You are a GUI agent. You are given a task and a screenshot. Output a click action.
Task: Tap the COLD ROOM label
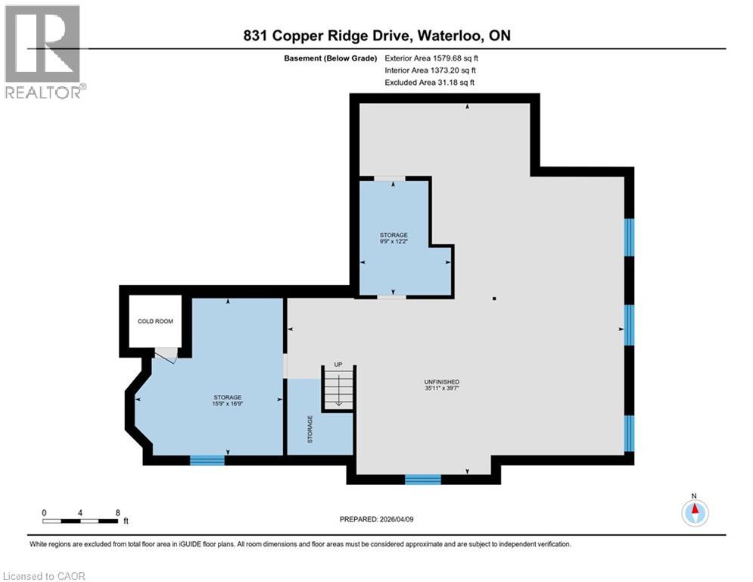(x=154, y=321)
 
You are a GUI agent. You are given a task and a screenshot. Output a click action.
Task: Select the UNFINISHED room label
(x=443, y=381)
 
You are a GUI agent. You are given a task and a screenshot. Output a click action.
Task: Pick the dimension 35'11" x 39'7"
(x=443, y=389)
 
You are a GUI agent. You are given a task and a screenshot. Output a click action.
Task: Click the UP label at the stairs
(x=338, y=365)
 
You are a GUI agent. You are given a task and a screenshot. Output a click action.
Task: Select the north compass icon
(x=694, y=512)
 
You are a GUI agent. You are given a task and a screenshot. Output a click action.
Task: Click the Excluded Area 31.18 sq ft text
(x=430, y=82)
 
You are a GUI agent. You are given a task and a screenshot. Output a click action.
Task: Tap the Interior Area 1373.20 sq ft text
(x=430, y=70)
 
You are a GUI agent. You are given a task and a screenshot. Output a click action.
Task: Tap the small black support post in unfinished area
(x=493, y=299)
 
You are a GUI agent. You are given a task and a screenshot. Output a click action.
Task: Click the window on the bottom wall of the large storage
(x=207, y=459)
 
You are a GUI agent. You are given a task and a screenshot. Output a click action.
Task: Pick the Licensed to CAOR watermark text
(x=45, y=576)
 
